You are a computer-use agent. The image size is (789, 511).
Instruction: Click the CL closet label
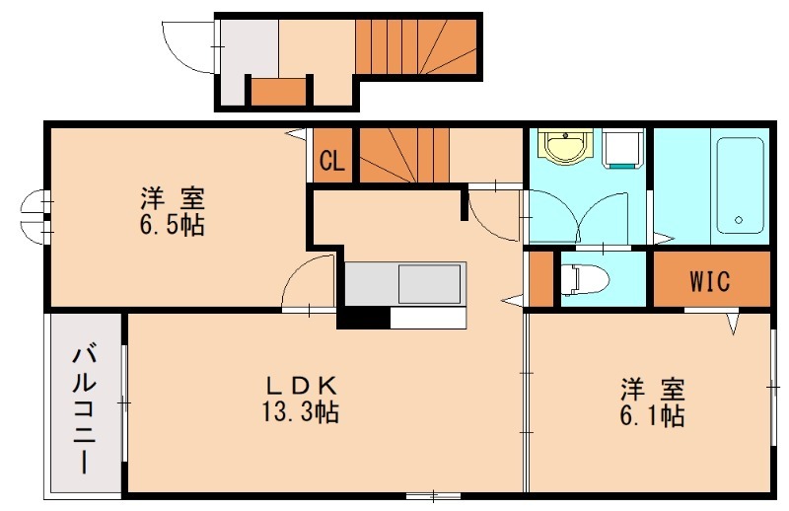331,160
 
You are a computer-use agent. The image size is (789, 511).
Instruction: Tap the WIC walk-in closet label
709,281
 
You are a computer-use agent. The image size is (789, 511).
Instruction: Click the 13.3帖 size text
303,412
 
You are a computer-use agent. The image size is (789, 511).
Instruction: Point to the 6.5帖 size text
172,225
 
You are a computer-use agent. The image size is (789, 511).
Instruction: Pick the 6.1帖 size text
653,415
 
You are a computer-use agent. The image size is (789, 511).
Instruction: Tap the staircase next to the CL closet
403,155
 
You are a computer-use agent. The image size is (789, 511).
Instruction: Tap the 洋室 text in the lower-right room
653,388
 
